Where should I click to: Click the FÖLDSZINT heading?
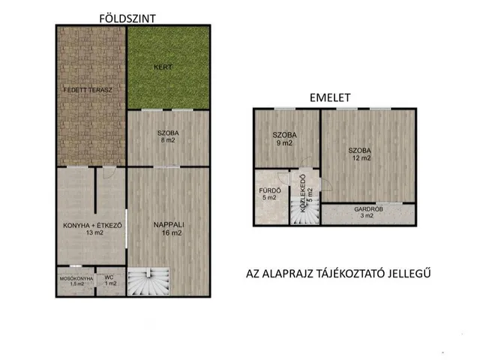click(127, 19)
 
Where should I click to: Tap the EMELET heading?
click(330, 97)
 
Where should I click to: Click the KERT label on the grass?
click(163, 67)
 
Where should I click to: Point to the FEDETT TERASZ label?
click(88, 90)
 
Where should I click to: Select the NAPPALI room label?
click(169, 225)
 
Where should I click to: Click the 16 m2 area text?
click(172, 233)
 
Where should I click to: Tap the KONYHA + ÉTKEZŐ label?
click(92, 225)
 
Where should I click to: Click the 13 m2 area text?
click(94, 232)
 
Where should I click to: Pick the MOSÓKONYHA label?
click(76, 278)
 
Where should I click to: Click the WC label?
click(109, 277)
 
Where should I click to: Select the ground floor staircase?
click(148, 281)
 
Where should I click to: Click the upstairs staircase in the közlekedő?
click(305, 211)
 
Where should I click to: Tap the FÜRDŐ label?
click(270, 190)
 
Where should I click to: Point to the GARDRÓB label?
click(368, 209)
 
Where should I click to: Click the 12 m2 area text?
click(361, 158)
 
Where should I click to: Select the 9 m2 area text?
click(284, 143)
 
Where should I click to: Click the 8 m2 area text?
click(168, 140)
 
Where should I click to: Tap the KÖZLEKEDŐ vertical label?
click(303, 193)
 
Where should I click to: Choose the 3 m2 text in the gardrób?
click(367, 216)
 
